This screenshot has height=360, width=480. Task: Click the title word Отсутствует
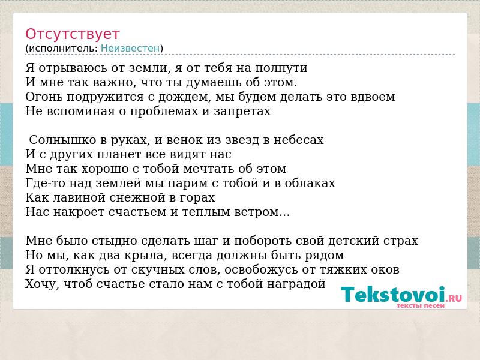click(72, 34)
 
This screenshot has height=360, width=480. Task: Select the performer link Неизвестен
click(130, 49)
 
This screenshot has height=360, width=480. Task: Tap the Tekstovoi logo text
click(401, 295)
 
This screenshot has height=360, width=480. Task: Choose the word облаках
click(310, 183)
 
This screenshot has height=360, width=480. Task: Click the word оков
click(385, 269)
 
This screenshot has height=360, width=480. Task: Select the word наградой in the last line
click(296, 284)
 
